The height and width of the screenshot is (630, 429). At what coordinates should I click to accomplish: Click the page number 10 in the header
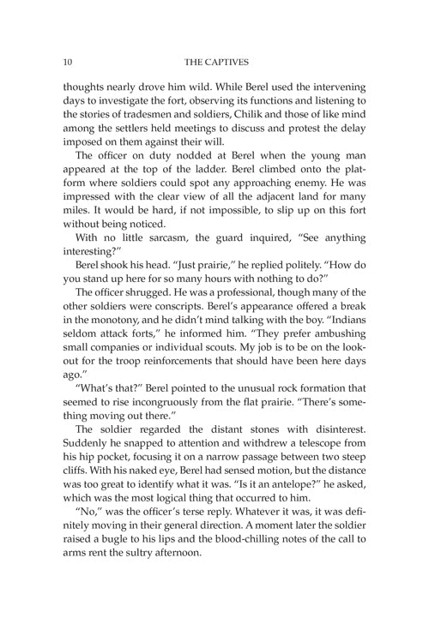coord(66,61)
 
